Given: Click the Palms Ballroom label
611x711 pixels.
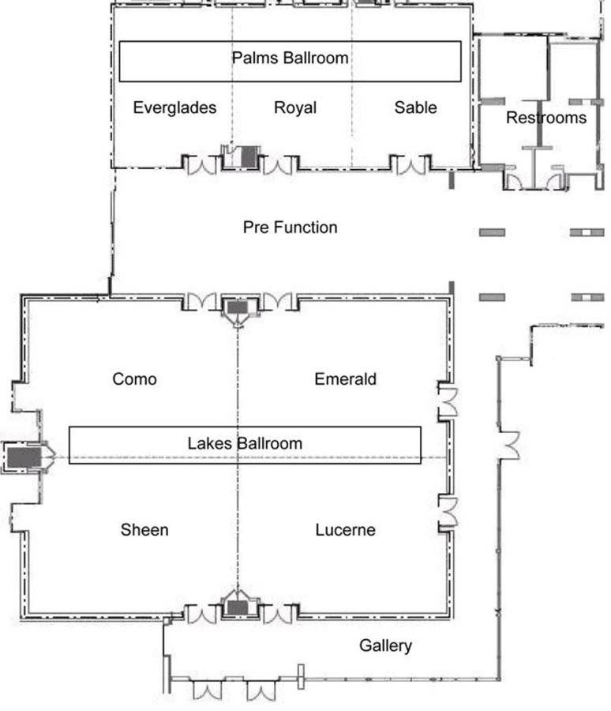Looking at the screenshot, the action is point(290,58).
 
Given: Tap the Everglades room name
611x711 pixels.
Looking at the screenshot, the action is point(174,108).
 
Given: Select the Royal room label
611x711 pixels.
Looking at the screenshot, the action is point(295,108).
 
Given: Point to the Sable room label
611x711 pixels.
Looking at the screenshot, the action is point(416,107).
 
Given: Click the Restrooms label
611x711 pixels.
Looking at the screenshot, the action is point(546,118).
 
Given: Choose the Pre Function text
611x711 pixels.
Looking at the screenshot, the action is point(290,228).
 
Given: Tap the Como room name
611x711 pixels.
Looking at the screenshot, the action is point(135,379).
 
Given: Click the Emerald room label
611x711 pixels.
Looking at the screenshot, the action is point(346,379).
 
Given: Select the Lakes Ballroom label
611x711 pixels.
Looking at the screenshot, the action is point(245,443).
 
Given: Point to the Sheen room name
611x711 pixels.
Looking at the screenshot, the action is point(144,529).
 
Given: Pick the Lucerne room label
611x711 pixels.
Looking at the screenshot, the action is point(346,529).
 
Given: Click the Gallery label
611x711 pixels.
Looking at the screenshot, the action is point(386,645).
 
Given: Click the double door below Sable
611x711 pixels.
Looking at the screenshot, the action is point(410,165).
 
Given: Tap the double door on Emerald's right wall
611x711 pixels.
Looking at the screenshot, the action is point(448,402).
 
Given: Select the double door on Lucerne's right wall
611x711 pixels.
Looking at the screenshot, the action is point(448,514).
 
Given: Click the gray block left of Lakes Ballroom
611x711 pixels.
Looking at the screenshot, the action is point(24,457).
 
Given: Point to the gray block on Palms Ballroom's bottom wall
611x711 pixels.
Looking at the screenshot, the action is point(249,157).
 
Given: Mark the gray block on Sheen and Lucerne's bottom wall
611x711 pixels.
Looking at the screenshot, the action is point(237,608).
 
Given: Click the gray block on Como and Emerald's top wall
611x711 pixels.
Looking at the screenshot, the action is point(237,307).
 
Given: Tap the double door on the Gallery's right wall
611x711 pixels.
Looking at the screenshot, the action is point(509,446).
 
